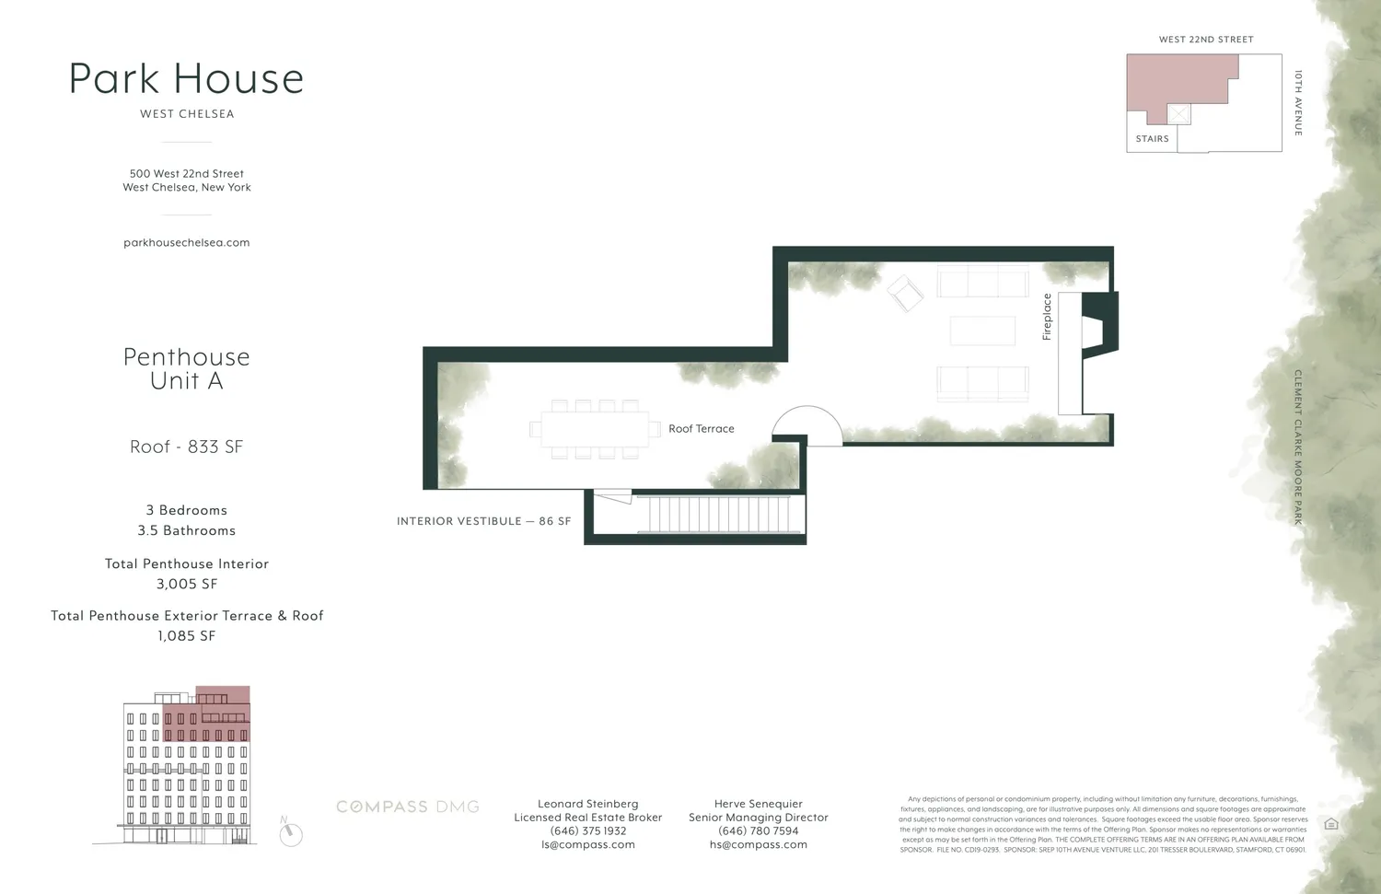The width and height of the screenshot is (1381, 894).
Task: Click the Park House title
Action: (x=186, y=79)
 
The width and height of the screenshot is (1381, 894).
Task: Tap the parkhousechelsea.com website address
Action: (x=187, y=243)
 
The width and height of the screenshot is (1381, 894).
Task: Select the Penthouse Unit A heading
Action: (x=187, y=368)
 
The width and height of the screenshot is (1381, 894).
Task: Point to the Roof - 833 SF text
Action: (x=187, y=447)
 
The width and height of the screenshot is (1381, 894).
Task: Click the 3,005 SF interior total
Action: (x=187, y=584)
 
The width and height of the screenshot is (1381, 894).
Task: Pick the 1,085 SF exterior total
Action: (x=187, y=635)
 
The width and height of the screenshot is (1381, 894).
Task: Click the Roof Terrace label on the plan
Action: (x=702, y=429)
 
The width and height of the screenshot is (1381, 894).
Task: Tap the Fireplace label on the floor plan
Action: (x=1047, y=317)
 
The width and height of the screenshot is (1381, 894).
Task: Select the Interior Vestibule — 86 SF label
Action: (x=483, y=521)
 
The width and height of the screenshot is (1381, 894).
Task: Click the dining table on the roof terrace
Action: (x=595, y=429)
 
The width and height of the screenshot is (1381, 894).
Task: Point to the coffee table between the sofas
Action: (x=982, y=331)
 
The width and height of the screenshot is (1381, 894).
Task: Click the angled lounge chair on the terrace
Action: (x=905, y=294)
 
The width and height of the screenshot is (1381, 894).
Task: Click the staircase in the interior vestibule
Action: (x=718, y=514)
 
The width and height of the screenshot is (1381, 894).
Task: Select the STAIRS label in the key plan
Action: (x=1152, y=139)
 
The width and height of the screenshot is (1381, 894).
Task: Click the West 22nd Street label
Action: (x=1206, y=40)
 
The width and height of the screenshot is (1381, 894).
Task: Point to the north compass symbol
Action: (x=291, y=834)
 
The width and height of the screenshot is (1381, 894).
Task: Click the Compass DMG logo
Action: (x=408, y=807)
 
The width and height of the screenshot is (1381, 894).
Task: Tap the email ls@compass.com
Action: (x=588, y=844)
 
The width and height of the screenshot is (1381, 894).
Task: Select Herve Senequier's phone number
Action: (x=759, y=830)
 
